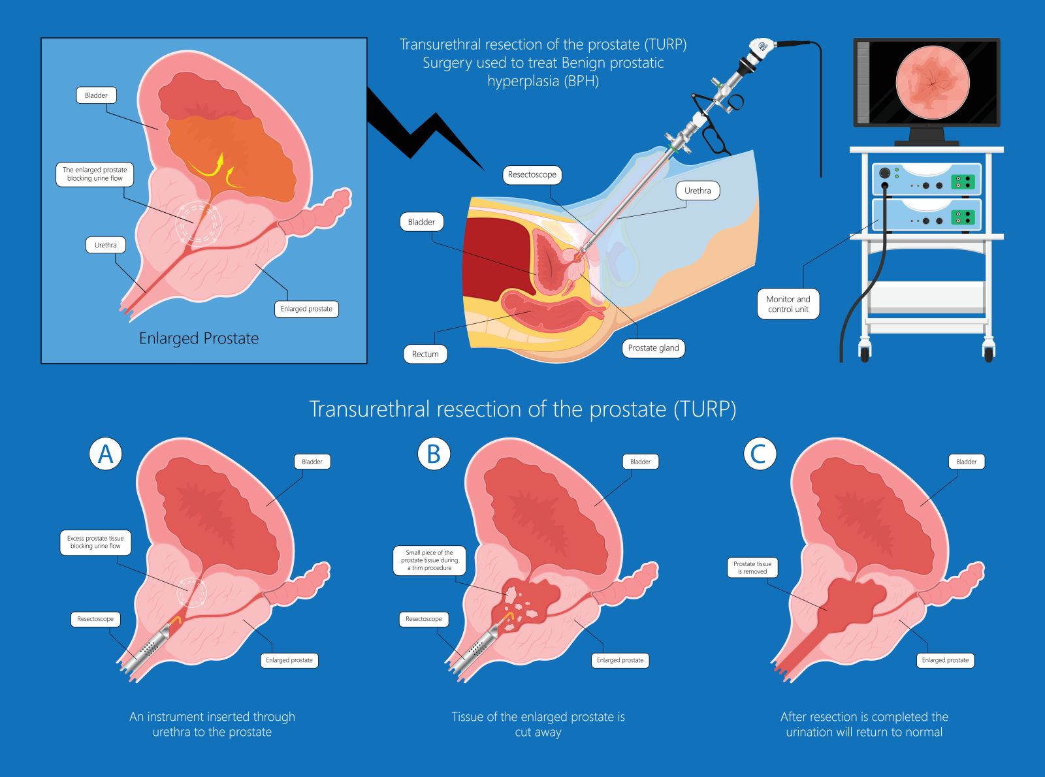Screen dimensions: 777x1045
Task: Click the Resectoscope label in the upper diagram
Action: pyautogui.click(x=532, y=175)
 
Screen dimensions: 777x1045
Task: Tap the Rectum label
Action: pyautogui.click(x=425, y=354)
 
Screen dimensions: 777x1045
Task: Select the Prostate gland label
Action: pyautogui.click(x=653, y=348)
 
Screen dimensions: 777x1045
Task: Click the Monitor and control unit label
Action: pyautogui.click(x=788, y=304)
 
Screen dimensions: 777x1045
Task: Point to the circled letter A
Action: pyautogui.click(x=106, y=453)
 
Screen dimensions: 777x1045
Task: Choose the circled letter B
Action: pyautogui.click(x=434, y=453)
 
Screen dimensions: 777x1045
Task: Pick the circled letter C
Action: pyautogui.click(x=760, y=453)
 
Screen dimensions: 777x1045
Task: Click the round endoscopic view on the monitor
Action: pyautogui.click(x=932, y=82)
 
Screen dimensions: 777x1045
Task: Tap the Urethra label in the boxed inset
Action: pyautogui.click(x=105, y=246)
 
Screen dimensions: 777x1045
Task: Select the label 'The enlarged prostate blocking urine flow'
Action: pyautogui.click(x=95, y=174)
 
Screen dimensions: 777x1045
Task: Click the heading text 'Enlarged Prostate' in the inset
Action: pyautogui.click(x=199, y=338)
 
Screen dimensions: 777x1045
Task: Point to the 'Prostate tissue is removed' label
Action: pyautogui.click(x=752, y=567)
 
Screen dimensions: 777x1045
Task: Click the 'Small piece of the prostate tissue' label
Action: pyautogui.click(x=429, y=560)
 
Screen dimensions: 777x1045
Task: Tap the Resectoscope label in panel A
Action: pyautogui.click(x=95, y=619)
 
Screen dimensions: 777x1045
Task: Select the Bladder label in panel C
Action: pyautogui.click(x=966, y=462)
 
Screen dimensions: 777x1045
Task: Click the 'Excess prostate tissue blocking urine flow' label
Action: pyautogui.click(x=95, y=543)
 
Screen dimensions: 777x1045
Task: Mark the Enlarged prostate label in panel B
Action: pyautogui.click(x=620, y=660)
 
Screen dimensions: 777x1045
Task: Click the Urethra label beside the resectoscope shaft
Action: pyautogui.click(x=698, y=191)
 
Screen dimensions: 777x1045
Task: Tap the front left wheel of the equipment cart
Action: pyautogui.click(x=865, y=353)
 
